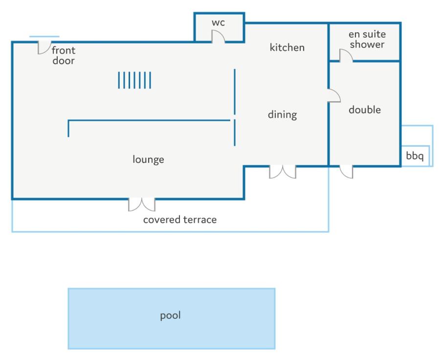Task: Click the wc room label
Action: pyautogui.click(x=218, y=22)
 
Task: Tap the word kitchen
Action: pyautogui.click(x=287, y=47)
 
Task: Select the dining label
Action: pyautogui.click(x=282, y=114)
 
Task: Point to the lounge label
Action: pyautogui.click(x=148, y=159)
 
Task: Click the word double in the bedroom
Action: pyautogui.click(x=364, y=110)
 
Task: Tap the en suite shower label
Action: pyautogui.click(x=367, y=39)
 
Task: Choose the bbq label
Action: pyautogui.click(x=415, y=156)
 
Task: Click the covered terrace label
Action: pyautogui.click(x=180, y=220)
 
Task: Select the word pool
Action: pyautogui.click(x=170, y=315)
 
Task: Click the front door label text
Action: pyautogui.click(x=64, y=55)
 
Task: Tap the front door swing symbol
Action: pyautogui.click(x=44, y=47)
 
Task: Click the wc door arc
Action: pyautogui.click(x=218, y=37)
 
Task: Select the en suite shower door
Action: pyautogui.click(x=346, y=56)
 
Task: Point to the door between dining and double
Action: pyautogui.click(x=334, y=95)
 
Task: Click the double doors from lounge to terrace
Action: pyautogui.click(x=141, y=204)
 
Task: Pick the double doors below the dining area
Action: pyautogui.click(x=283, y=172)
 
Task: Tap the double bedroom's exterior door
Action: pyautogui.click(x=346, y=172)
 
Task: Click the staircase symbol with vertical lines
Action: pyautogui.click(x=134, y=80)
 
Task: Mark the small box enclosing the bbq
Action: pyautogui.click(x=415, y=156)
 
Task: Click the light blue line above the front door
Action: pyautogui.click(x=44, y=36)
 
